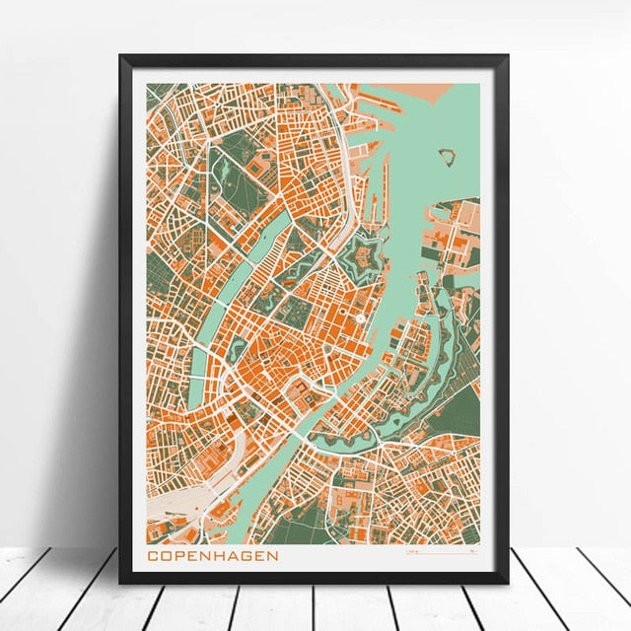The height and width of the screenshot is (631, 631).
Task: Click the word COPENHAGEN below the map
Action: coord(212,556)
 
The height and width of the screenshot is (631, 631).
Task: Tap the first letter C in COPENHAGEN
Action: coord(153,556)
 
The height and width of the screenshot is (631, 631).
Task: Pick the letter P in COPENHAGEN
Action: coord(179,556)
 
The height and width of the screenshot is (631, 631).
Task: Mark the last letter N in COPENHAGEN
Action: coord(272,556)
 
